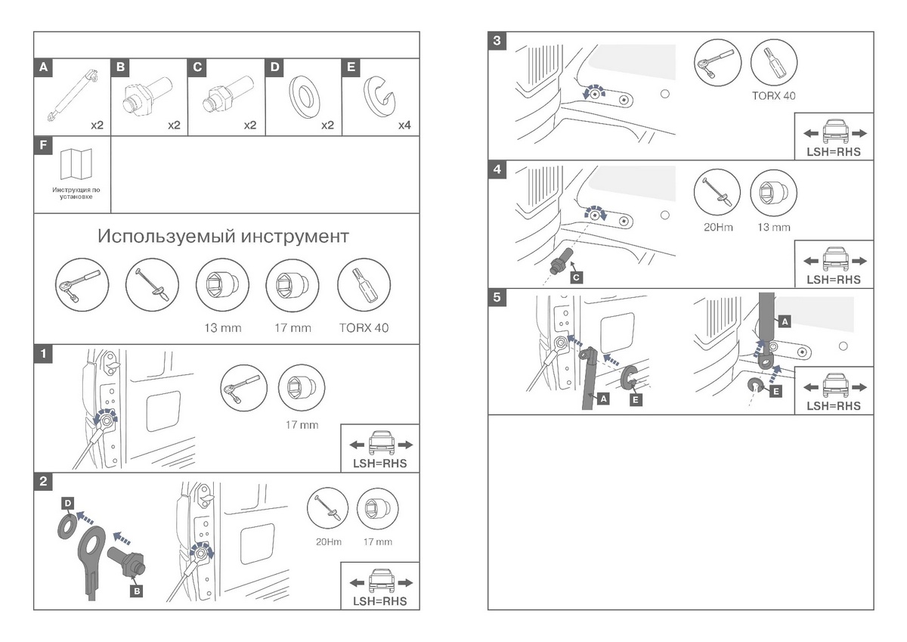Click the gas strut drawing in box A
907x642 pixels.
point(73,95)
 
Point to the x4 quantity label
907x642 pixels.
point(404,124)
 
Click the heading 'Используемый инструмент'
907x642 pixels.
point(223,237)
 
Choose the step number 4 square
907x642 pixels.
point(496,169)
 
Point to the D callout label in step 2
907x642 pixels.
point(67,502)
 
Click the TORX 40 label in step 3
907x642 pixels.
point(774,96)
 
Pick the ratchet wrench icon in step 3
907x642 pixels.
point(714,65)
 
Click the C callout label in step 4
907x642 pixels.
point(577,278)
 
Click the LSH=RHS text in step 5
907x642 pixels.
point(833,406)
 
